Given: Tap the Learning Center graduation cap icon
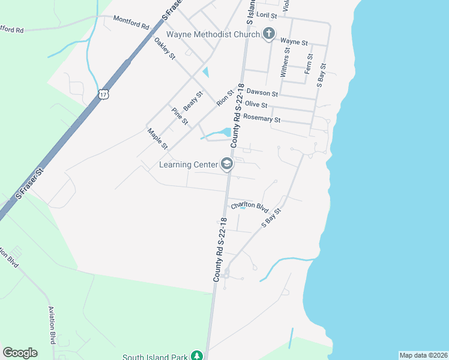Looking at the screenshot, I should pos(227,164).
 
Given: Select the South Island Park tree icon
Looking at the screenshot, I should pos(196,356).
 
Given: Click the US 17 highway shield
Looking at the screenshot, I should pos(104,94).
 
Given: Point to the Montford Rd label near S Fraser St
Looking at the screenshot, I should pos(131,23).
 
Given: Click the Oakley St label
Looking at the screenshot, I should pos(164,49).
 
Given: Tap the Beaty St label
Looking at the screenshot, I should pos(193,100).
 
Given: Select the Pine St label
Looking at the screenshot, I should pos(180,116).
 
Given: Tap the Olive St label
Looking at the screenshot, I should pos(256,104).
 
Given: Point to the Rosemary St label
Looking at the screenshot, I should pos(261,119).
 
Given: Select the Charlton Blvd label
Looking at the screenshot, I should pos(249,206).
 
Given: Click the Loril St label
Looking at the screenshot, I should pos(266,14).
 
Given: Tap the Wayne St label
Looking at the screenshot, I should pos(294,42).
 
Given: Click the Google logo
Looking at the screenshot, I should pos(20,353).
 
